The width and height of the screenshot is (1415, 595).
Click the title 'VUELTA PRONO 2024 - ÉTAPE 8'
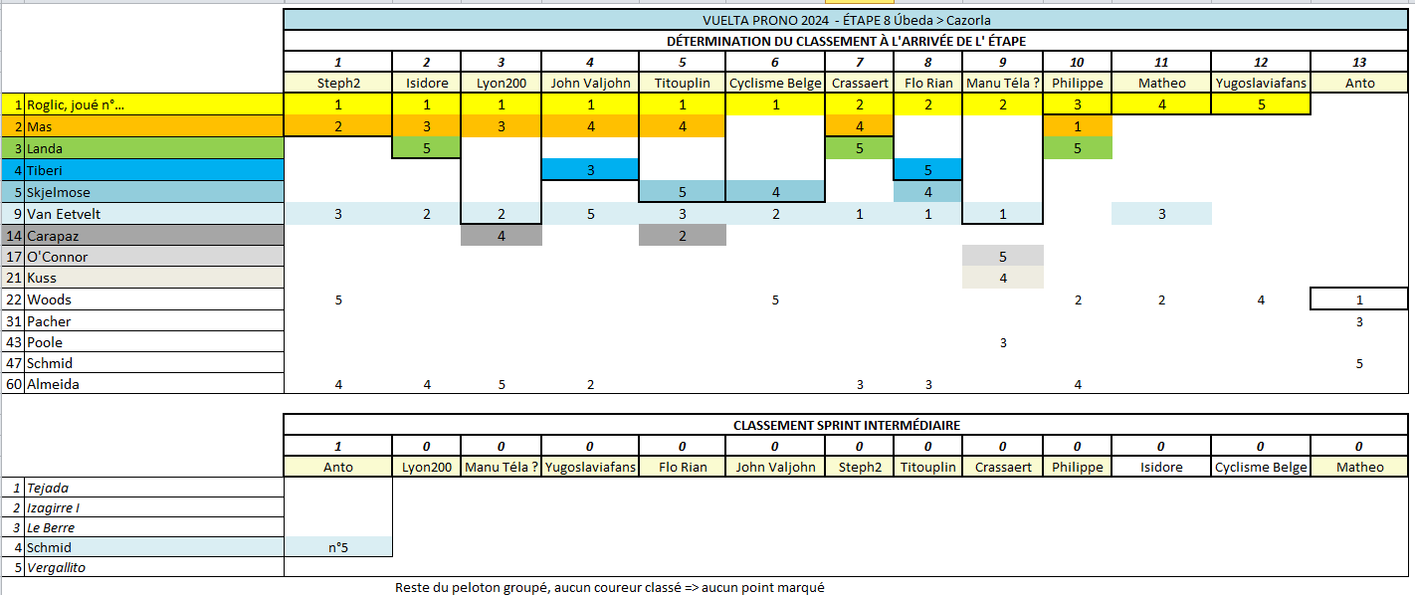(846, 20)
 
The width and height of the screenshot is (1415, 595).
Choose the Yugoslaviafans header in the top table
(1260, 83)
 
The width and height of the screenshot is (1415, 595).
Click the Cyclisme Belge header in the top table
(775, 83)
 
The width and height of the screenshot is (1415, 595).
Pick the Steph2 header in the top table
(337, 83)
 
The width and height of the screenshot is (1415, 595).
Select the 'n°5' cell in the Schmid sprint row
(337, 547)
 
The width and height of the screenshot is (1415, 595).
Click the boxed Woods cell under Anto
(1359, 299)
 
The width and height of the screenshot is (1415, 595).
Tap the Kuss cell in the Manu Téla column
(1002, 278)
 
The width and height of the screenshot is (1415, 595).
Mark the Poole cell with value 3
(1002, 342)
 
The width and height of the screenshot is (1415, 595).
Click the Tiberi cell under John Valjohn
(590, 170)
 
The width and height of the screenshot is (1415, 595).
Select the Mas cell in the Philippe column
(1078, 126)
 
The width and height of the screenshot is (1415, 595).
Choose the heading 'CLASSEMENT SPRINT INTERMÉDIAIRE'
(846, 425)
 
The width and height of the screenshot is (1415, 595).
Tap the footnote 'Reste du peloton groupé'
(609, 587)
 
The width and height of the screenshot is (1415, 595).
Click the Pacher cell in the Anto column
(1359, 321)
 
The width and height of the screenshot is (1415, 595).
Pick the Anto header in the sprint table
(337, 467)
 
